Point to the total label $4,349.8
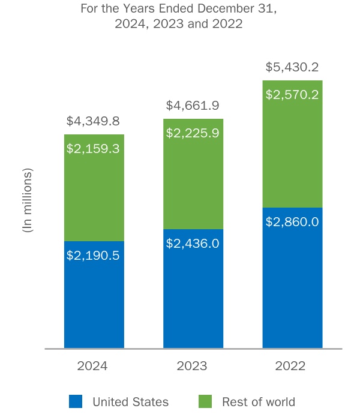pyautogui.click(x=94, y=121)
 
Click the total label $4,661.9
pyautogui.click(x=193, y=106)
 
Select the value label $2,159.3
pyautogui.click(x=94, y=148)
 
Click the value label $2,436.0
pyautogui.click(x=193, y=243)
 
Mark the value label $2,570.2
pyautogui.click(x=292, y=94)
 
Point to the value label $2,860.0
pyautogui.click(x=292, y=221)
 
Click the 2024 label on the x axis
pyautogui.click(x=92, y=366)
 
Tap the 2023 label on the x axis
pyautogui.click(x=192, y=366)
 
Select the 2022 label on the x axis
pyautogui.click(x=291, y=366)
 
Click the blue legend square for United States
pyautogui.click(x=76, y=401)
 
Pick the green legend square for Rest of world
pyautogui.click(x=205, y=401)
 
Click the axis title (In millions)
pyautogui.click(x=26, y=200)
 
